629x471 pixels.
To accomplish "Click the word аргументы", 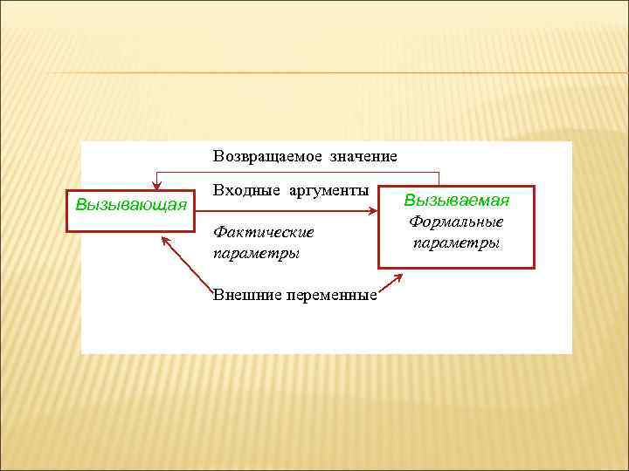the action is tap(331, 190).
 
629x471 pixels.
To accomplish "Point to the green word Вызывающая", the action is tap(131, 205).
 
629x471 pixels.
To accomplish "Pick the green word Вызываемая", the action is tap(456, 200).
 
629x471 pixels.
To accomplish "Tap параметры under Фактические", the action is tap(256, 254).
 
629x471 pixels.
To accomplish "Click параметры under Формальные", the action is tap(456, 242).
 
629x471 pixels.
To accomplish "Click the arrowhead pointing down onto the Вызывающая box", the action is tap(156, 183).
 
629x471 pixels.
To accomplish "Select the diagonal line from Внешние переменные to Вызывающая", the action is tap(188, 266).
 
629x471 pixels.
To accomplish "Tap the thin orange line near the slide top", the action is tap(314, 72).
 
